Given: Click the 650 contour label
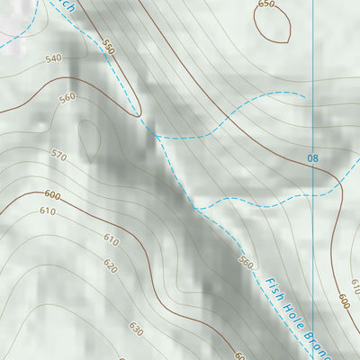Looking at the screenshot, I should click(265, 4).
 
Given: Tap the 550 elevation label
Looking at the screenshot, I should click(109, 46).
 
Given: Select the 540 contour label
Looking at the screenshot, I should click(52, 58).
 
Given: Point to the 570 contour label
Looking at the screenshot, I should click(58, 156).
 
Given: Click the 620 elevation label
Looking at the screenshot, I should click(110, 266).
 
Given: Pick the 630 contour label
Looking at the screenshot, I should click(136, 330).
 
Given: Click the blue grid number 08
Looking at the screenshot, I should click(312, 159).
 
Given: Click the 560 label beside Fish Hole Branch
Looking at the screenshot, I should click(246, 262).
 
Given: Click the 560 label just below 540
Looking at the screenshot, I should click(67, 98).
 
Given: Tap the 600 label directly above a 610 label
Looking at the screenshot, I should click(51, 195).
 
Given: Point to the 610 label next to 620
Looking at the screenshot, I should click(111, 240).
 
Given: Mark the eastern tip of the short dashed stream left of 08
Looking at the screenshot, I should click(305, 94).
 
